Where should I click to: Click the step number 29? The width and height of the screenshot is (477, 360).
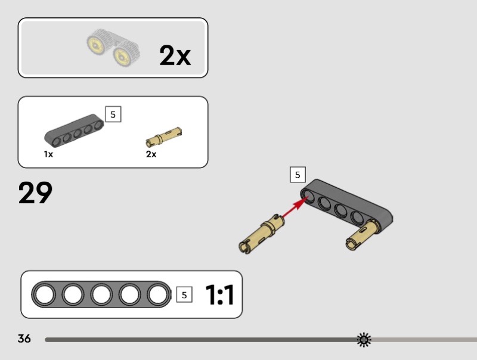pyautogui.click(x=35, y=193)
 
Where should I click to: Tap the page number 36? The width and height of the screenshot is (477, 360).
pyautogui.click(x=24, y=339)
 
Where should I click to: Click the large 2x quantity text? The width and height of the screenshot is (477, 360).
pyautogui.click(x=175, y=55)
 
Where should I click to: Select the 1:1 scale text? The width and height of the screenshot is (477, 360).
pyautogui.click(x=219, y=294)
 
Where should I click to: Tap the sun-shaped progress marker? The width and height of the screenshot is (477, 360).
pyautogui.click(x=364, y=340)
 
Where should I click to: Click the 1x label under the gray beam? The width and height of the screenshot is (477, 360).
pyautogui.click(x=48, y=154)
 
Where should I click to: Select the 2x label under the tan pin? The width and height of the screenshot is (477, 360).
pyautogui.click(x=151, y=154)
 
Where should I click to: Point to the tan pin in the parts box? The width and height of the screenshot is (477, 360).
pyautogui.click(x=163, y=137)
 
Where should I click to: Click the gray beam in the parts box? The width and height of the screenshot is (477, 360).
pyautogui.click(x=74, y=130)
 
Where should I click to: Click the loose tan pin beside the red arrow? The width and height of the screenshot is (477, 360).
pyautogui.click(x=262, y=234)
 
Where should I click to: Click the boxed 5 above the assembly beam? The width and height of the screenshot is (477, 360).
pyautogui.click(x=298, y=175)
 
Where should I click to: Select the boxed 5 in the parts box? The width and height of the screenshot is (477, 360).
pyautogui.click(x=113, y=114)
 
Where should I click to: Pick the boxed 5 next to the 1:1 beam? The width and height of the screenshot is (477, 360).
pyautogui.click(x=184, y=294)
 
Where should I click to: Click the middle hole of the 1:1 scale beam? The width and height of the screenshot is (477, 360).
pyautogui.click(x=101, y=295)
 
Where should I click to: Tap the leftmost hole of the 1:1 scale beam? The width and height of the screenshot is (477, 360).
pyautogui.click(x=44, y=295)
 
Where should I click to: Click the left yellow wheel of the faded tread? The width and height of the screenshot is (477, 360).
pyautogui.click(x=95, y=45)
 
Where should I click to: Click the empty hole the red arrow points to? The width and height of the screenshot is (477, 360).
pyautogui.click(x=308, y=196)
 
